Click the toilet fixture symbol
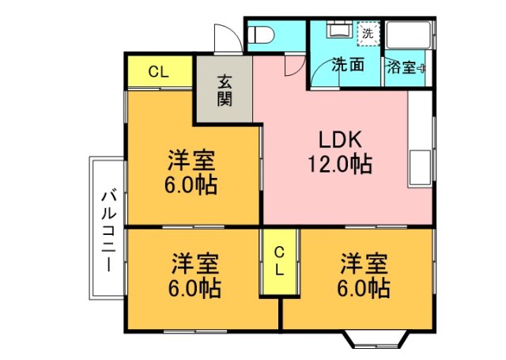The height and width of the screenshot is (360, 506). pos(260,35)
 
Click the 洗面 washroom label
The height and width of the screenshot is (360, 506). pos(347,66)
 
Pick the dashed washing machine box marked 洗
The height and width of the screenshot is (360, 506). pos(368,34)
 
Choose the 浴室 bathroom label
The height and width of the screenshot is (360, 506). pos(401,68)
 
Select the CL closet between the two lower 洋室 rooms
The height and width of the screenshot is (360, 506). pos(279,260)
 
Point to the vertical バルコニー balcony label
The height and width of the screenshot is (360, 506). pos(109,230)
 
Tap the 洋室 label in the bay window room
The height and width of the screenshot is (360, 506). pos(364,261)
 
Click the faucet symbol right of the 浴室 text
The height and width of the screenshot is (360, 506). pos(422,68)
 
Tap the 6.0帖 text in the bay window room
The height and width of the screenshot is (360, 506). pos(364,286)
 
